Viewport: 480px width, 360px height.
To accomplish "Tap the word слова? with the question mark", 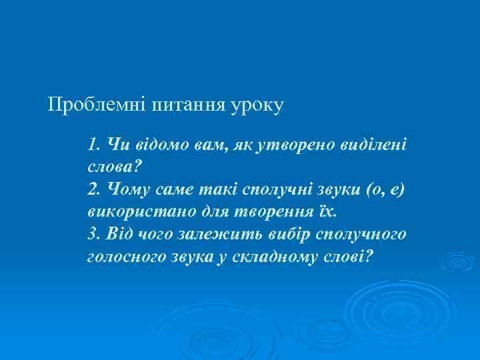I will (111, 167).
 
